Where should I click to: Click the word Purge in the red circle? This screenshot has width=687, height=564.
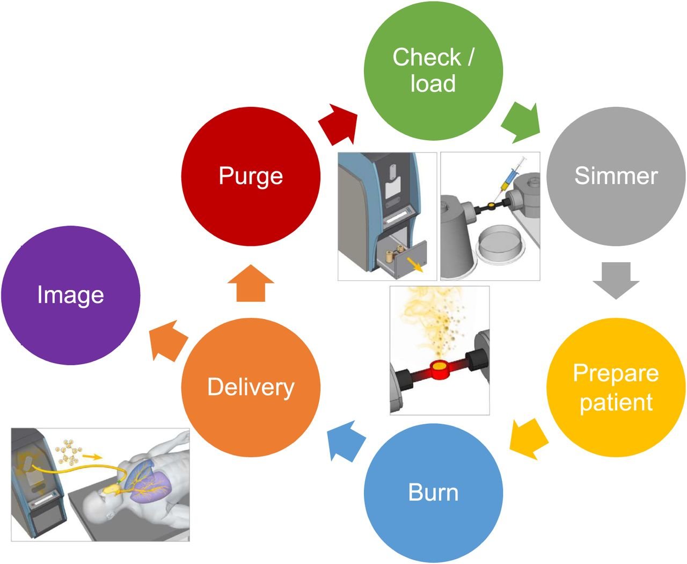pyautogui.click(x=251, y=176)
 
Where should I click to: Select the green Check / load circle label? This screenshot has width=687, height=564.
pyautogui.click(x=433, y=70)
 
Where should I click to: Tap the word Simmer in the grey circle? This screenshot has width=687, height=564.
pyautogui.click(x=616, y=176)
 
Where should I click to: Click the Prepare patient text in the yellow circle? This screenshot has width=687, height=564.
pyautogui.click(x=616, y=387)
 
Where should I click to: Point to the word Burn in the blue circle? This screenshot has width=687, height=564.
pyautogui.click(x=433, y=492)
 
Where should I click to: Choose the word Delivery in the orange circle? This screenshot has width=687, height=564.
pyautogui.click(x=251, y=387)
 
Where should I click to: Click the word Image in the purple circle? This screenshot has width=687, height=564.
pyautogui.click(x=70, y=294)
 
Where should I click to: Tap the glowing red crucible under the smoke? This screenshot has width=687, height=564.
pyautogui.click(x=440, y=370)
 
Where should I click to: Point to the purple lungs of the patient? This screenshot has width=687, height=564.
pyautogui.click(x=153, y=487)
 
